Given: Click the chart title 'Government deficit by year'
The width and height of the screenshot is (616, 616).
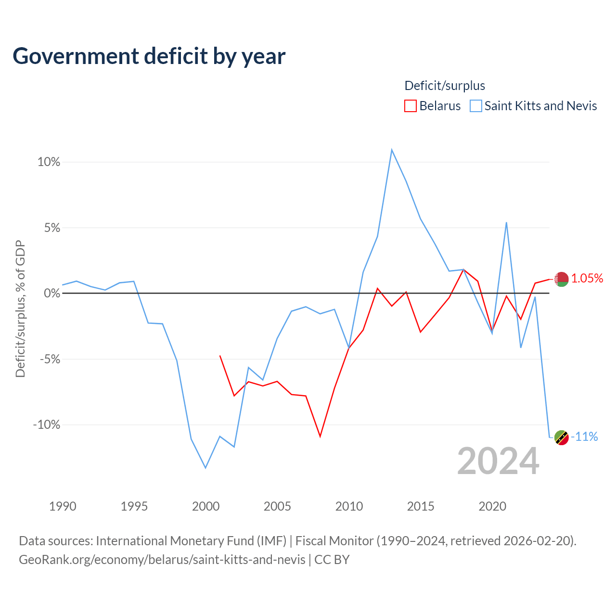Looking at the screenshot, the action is (x=149, y=56).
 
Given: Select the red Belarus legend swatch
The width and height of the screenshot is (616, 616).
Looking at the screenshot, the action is (x=410, y=106).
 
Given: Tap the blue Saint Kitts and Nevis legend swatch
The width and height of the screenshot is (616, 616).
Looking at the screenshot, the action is (x=475, y=106).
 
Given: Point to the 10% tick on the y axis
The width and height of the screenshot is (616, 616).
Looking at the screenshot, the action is (x=49, y=162).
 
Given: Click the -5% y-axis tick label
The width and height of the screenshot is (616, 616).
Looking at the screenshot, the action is (x=50, y=359).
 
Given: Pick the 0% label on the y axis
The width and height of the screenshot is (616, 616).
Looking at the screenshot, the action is (x=52, y=293).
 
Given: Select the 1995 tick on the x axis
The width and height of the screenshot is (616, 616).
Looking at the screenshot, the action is (x=134, y=507).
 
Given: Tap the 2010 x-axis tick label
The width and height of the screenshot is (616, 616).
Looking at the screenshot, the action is (x=349, y=507).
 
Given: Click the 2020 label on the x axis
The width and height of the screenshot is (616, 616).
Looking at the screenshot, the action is (x=492, y=507).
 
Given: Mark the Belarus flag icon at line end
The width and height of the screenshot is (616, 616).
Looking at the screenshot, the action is (x=561, y=280).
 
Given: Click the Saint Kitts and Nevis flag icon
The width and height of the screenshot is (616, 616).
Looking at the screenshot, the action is (x=561, y=437).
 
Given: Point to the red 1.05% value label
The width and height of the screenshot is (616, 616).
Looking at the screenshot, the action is (x=587, y=279).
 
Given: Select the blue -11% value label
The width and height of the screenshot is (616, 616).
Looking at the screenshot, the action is (x=584, y=436).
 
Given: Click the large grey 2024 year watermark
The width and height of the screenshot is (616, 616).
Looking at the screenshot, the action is (x=498, y=462).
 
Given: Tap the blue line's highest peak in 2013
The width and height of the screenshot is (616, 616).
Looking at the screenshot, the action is (x=392, y=150).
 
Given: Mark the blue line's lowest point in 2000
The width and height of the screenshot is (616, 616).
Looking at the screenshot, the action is (x=205, y=468).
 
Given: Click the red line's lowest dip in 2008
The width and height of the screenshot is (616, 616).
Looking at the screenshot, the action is (x=320, y=436).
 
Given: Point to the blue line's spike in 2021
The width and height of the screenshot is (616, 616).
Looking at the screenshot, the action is (x=506, y=222).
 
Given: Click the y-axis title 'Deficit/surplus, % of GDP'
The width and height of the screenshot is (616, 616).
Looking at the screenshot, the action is (x=21, y=309).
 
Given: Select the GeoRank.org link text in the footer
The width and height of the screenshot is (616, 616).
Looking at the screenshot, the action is (x=162, y=560).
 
